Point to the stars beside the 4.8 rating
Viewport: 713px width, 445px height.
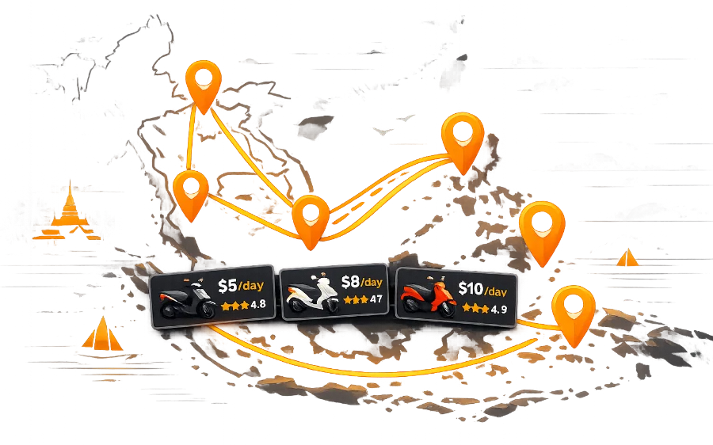(x=234, y=304)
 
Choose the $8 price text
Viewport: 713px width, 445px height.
(x=350, y=281)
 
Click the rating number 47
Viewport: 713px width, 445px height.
(x=376, y=299)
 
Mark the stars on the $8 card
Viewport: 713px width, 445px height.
(x=355, y=299)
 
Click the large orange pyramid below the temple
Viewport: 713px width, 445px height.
(x=101, y=333)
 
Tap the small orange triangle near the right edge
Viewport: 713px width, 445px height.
(x=627, y=257)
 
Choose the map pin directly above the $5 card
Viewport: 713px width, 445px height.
(x=190, y=193)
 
